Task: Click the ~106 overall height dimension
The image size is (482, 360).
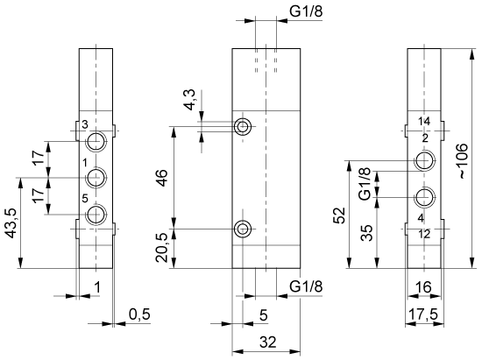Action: coord(463,161)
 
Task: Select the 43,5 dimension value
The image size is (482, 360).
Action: coord(11,223)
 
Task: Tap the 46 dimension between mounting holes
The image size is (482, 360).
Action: coord(162,178)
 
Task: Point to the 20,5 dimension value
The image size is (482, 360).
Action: coord(162,248)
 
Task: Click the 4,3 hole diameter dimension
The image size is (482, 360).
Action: coord(189,100)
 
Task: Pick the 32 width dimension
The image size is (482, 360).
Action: coord(268,342)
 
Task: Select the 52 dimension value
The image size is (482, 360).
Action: coord(340,215)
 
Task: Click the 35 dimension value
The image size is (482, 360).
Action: coord(366,233)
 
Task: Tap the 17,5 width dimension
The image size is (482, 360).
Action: coord(422,314)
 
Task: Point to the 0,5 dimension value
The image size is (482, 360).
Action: coord(139,314)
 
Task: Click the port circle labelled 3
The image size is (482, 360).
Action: coord(96,141)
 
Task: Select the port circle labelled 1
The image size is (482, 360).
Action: coord(96,178)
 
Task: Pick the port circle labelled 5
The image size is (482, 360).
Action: coord(96,214)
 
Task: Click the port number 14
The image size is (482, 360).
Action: coord(424,122)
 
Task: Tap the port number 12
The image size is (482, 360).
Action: coord(424,235)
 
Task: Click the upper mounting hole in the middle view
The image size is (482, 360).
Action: coord(243,126)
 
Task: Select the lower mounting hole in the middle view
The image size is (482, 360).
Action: coord(243,229)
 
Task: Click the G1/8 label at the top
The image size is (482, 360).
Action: coord(306,11)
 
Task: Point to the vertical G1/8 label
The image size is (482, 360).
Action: coord(365,184)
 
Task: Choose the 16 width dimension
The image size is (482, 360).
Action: coord(423,287)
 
